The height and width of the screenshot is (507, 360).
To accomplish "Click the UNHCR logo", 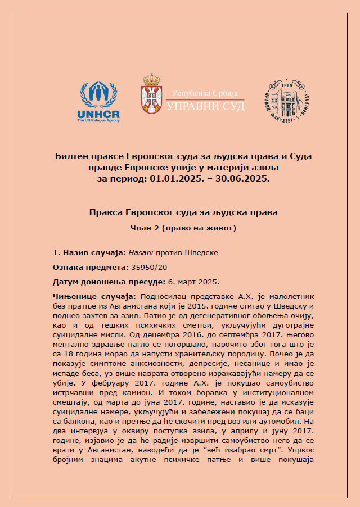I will (x=98, y=101).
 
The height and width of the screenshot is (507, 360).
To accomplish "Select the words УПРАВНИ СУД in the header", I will (x=205, y=105).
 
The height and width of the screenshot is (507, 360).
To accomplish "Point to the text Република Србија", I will (x=205, y=92).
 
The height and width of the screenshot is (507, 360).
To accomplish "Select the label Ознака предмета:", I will (x=89, y=267).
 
